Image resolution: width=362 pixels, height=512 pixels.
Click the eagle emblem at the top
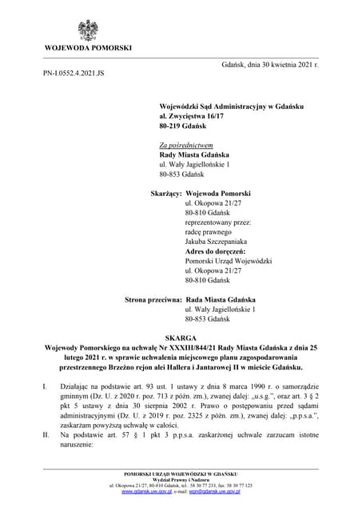click(x=89, y=30)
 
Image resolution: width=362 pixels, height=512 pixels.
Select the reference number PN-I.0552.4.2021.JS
click(x=74, y=73)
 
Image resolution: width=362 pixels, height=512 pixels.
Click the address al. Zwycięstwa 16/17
click(x=193, y=117)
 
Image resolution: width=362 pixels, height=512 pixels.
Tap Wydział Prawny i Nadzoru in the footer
click(x=181, y=480)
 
